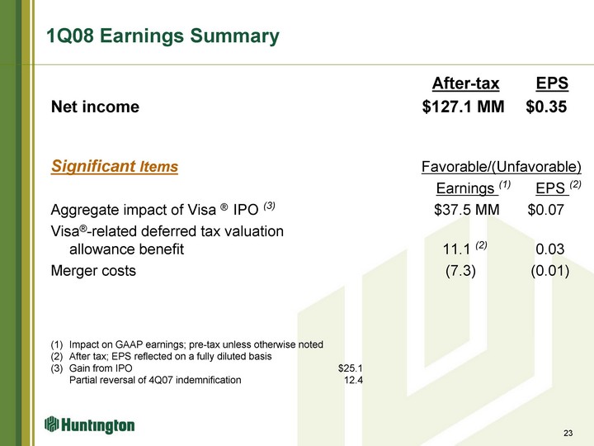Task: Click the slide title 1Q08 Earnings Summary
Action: coord(163,36)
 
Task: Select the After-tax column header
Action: coord(465,83)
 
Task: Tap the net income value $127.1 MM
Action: coord(464,107)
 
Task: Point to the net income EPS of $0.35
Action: coord(546,107)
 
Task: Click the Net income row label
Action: coord(95,107)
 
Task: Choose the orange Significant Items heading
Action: coord(115,166)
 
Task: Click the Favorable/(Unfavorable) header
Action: coord(502,167)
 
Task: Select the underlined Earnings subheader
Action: coord(467,188)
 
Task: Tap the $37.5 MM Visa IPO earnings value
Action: coord(467,210)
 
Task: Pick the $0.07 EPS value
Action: coord(546,210)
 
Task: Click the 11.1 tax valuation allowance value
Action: coord(456,249)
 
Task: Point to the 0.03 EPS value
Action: coord(550,249)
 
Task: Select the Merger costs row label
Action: coord(93,271)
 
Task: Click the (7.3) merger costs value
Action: coord(460,271)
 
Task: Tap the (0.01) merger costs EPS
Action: coord(550,271)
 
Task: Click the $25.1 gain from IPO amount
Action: coord(351,368)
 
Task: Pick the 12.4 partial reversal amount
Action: coord(353,380)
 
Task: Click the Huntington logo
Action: coord(89,425)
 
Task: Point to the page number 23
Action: coord(568,433)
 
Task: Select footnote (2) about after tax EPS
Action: coord(162,357)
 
